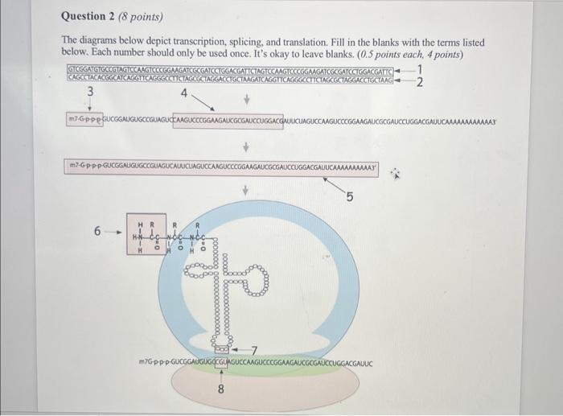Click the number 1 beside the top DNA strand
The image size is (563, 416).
(420, 72)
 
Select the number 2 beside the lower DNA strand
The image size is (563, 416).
(420, 82)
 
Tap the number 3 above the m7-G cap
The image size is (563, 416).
(90, 93)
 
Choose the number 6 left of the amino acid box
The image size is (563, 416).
(98, 231)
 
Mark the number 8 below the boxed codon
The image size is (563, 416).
(222, 392)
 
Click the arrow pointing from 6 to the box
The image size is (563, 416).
(116, 232)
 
